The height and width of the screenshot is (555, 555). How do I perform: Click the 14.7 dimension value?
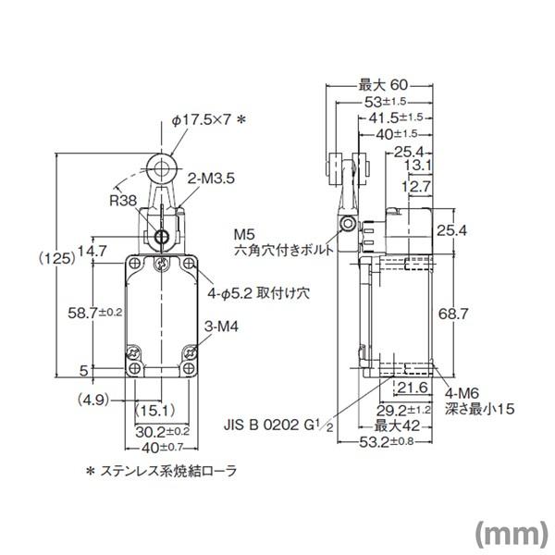click(92, 250)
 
